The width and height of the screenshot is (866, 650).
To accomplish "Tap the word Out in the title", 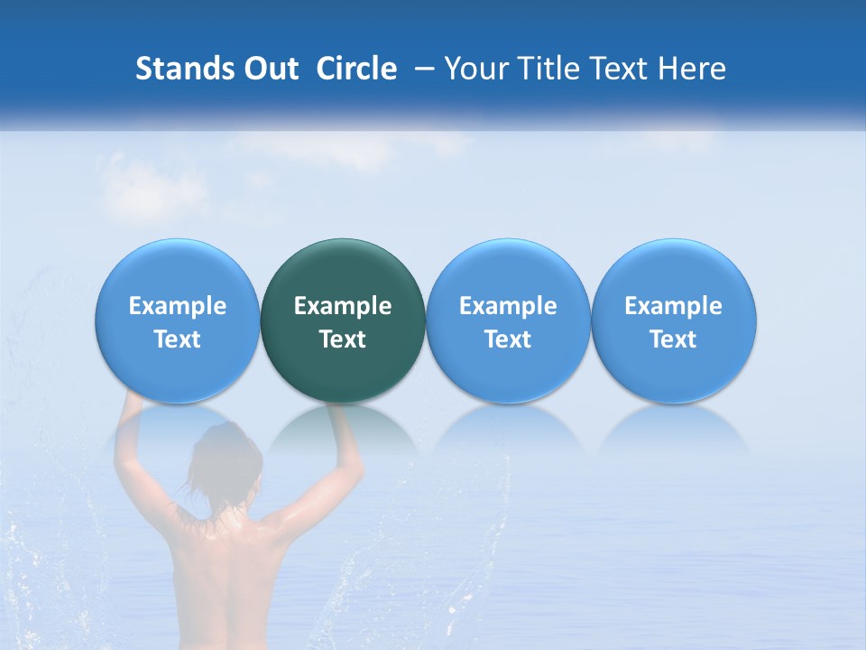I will (269, 70).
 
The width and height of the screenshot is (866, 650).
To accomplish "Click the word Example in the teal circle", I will (343, 306).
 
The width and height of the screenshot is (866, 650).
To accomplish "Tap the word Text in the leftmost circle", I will (178, 339).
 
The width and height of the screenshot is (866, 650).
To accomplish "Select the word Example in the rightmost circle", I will (674, 306).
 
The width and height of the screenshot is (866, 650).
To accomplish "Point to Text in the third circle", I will (508, 339).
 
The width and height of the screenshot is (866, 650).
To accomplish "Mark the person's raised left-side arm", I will (133, 451).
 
